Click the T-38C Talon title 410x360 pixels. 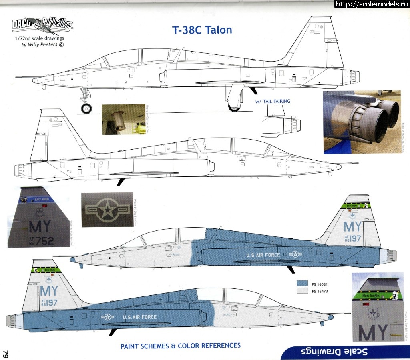click(x=202, y=30)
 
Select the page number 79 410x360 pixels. click(x=6, y=354)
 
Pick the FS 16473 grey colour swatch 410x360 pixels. click(x=302, y=291)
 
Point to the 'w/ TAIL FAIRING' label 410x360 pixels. click(x=273, y=102)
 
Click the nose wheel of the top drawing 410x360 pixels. click(x=86, y=108)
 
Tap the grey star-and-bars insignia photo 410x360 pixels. click(x=106, y=209)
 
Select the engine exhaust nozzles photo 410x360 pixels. click(x=361, y=122)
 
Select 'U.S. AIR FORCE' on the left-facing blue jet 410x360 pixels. click(x=139, y=317)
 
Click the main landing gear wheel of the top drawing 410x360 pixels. click(x=233, y=106)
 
